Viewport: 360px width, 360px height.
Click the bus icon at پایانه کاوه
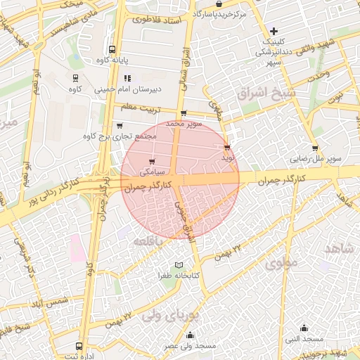[112, 50]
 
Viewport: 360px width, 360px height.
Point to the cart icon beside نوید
[226, 148]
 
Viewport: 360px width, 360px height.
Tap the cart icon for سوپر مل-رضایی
[314, 148]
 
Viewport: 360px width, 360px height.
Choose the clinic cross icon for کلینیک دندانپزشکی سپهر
[274, 30]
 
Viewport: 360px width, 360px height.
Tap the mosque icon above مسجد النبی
[304, 328]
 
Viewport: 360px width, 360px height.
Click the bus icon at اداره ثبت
[78, 346]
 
